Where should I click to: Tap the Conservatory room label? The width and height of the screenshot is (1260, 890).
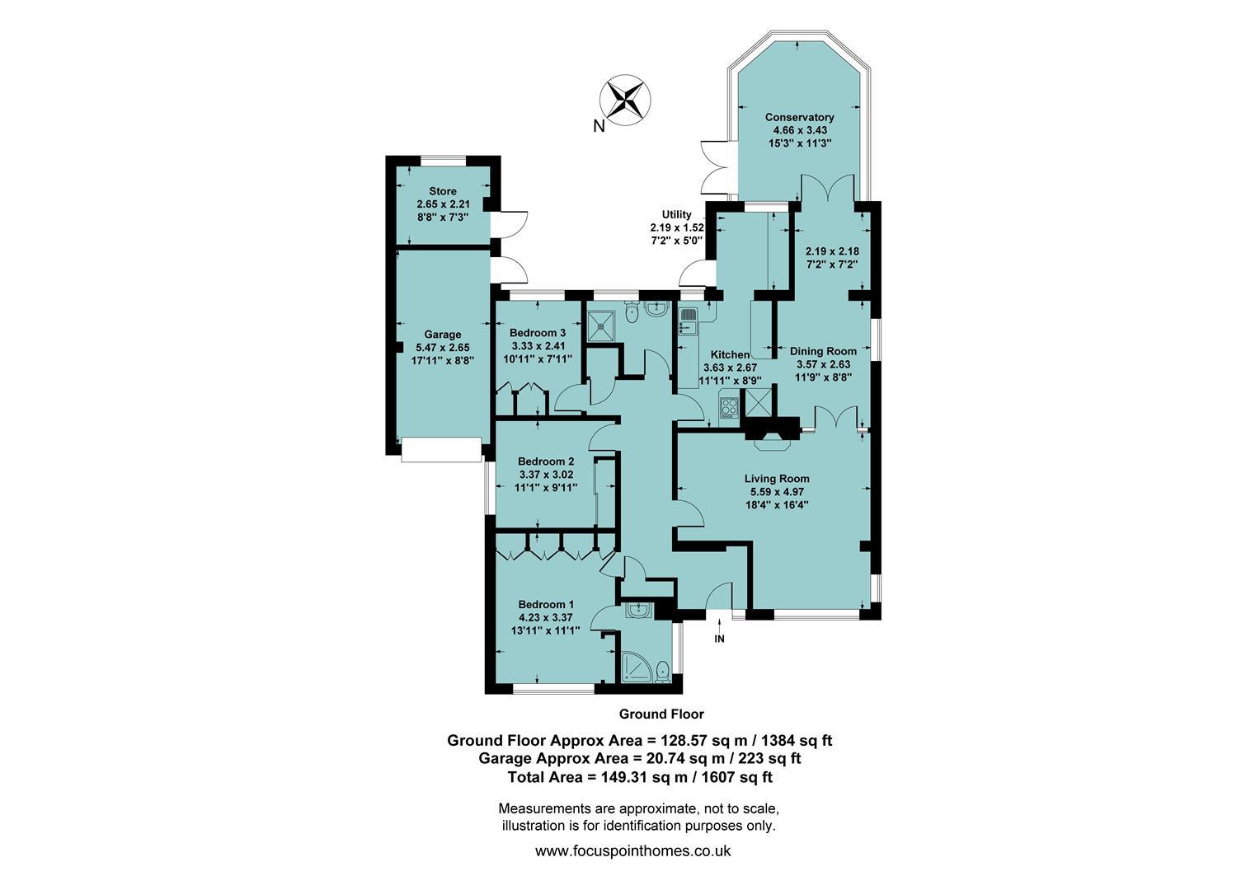pos(799,118)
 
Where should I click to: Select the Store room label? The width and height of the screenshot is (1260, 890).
pos(443,191)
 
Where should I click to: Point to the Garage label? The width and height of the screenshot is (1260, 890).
pos(443,335)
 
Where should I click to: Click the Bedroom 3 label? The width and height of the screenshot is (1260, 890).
pos(538,333)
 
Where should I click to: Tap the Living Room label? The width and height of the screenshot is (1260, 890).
pos(777,479)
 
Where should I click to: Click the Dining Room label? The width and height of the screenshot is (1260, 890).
pos(823,351)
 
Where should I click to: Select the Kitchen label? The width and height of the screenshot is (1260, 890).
pos(730,355)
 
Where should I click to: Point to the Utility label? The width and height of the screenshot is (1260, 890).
pos(676,214)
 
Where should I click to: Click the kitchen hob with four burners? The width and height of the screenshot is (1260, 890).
pos(730,406)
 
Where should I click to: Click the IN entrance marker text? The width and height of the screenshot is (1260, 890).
pos(719,639)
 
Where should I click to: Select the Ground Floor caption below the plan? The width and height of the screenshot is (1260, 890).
pos(661,714)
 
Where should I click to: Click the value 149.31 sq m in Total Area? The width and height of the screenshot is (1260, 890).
pos(630,776)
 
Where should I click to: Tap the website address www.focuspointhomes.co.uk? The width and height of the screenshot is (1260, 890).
pos(632,851)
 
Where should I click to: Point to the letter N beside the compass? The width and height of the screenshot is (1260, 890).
pos(599,126)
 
